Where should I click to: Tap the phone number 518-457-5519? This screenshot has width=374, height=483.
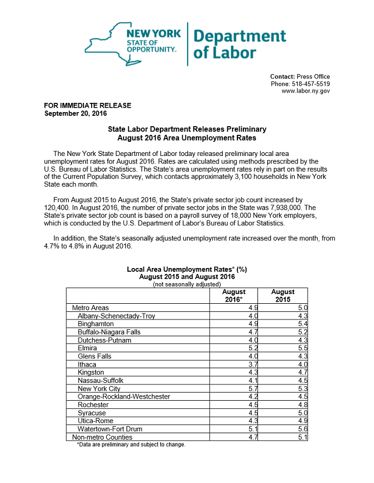click(311, 84)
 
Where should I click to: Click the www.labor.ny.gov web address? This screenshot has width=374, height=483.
click(306, 92)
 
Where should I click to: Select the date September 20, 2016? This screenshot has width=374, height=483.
click(75, 114)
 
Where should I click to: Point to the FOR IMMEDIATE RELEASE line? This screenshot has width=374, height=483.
click(87, 106)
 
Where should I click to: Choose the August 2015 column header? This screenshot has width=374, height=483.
click(282, 296)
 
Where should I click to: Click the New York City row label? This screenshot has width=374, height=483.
click(100, 388)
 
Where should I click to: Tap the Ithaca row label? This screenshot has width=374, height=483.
click(87, 364)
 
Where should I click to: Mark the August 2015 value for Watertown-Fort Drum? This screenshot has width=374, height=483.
click(302, 429)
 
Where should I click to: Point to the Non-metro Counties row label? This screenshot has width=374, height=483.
click(102, 437)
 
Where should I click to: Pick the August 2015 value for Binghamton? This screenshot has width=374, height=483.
click(302, 324)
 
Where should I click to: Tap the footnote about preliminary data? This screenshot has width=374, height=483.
click(131, 445)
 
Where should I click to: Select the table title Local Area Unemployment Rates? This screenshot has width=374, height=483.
click(187, 269)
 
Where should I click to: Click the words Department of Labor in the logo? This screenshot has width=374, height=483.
click(239, 44)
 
